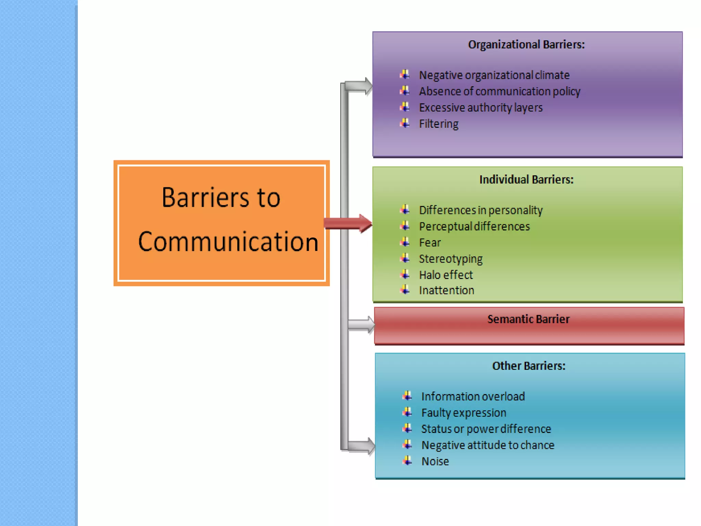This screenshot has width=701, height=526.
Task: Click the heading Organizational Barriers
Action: pyautogui.click(x=526, y=45)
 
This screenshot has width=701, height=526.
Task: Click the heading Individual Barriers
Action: pyautogui.click(x=526, y=180)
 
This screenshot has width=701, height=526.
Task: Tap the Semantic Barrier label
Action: pyautogui.click(x=528, y=319)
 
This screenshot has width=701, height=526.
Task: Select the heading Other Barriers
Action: pyautogui.click(x=528, y=366)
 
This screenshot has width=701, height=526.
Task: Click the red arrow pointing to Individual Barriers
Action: pyautogui.click(x=347, y=223)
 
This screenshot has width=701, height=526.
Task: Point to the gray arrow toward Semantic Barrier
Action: pyautogui.click(x=361, y=324)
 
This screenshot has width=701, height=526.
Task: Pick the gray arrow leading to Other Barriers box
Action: pyautogui.click(x=361, y=446)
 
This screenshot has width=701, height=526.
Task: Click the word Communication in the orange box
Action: pyautogui.click(x=228, y=242)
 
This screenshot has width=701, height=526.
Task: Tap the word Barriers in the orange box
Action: pyautogui.click(x=206, y=198)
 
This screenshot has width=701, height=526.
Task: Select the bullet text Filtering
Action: pyautogui.click(x=438, y=124)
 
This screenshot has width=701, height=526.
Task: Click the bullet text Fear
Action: pyautogui.click(x=430, y=243)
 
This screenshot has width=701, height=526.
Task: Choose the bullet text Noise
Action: pyautogui.click(x=435, y=462)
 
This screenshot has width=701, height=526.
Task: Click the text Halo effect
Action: pyautogui.click(x=446, y=275)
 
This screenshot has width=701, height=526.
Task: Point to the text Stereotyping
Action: pyautogui.click(x=450, y=259)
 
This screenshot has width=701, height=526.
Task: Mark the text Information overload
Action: pyautogui.click(x=473, y=397)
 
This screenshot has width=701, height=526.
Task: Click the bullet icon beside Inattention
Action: pyautogui.click(x=405, y=290)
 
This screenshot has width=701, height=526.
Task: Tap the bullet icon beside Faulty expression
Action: pyautogui.click(x=407, y=412)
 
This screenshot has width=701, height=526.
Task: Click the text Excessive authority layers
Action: pyautogui.click(x=481, y=108)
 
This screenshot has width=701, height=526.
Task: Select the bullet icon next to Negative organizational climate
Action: pyautogui.click(x=405, y=74)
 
